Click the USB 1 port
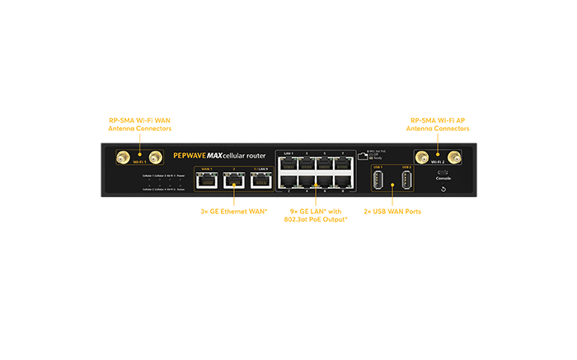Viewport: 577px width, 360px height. point(378,180)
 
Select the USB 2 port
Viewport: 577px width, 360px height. point(406,180)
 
